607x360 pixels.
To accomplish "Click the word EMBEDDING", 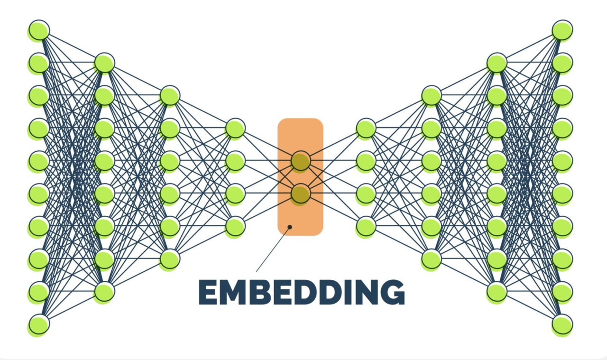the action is click(x=301, y=292).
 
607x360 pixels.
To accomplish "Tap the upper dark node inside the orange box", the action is click(x=301, y=161).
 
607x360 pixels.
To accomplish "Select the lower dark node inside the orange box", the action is click(x=301, y=194).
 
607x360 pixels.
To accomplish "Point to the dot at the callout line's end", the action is click(x=290, y=227).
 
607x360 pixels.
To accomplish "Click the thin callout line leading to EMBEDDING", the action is click(x=273, y=249).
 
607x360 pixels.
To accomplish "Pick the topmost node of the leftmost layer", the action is click(x=39, y=30).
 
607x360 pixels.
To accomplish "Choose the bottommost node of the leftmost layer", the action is click(x=39, y=324).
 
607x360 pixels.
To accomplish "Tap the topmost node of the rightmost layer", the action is click(x=562, y=30).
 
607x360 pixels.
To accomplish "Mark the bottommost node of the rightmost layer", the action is click(x=562, y=324).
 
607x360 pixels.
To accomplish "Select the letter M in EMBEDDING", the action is click(x=232, y=292).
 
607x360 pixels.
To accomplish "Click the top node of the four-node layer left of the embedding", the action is click(x=235, y=128).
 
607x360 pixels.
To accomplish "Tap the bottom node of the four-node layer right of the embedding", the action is click(x=366, y=226).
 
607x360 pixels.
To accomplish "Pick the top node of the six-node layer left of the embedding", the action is click(x=170, y=95).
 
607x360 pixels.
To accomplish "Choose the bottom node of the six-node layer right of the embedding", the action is click(x=432, y=259).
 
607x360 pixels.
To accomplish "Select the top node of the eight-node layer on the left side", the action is click(x=104, y=63).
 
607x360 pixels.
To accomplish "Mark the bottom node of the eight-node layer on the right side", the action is click(x=497, y=292).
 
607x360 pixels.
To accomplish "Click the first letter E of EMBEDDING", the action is click(x=208, y=292).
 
